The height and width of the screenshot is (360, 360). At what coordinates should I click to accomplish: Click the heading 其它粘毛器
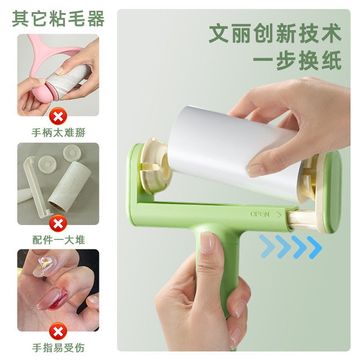(x=58, y=19)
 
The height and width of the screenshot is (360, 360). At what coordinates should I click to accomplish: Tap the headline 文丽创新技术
(x=275, y=33)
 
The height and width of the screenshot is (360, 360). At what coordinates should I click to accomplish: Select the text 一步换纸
(x=298, y=60)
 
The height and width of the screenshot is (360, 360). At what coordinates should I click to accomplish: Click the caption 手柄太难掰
(x=58, y=133)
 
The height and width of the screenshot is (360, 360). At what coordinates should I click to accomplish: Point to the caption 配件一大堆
(x=58, y=240)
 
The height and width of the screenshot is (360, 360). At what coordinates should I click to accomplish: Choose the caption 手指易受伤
(x=58, y=348)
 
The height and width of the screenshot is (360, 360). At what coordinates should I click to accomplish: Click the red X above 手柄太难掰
(x=58, y=116)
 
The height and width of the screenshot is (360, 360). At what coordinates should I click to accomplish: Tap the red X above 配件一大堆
(x=58, y=224)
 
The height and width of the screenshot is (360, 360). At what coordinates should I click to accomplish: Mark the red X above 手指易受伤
(x=58, y=331)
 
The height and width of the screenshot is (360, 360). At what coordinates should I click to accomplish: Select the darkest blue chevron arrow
(x=314, y=247)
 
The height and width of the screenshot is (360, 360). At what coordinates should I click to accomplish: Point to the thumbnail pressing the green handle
(x=207, y=242)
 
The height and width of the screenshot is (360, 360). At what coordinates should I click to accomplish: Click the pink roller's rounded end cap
(x=43, y=92)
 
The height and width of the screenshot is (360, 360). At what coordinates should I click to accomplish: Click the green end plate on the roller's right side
(x=332, y=192)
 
